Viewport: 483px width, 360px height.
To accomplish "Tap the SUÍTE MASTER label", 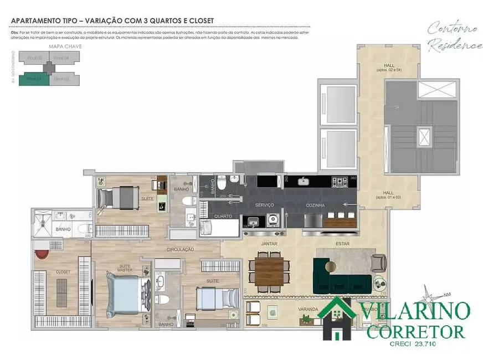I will click(125, 268).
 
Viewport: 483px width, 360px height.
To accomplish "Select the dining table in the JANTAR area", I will click(269, 270).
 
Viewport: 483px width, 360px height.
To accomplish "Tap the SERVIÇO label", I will click(265, 205).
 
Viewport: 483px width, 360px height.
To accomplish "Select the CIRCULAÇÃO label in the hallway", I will click(180, 250).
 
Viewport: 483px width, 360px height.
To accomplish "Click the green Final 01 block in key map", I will click(34, 79).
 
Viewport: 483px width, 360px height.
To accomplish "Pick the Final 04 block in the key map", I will click(62, 58).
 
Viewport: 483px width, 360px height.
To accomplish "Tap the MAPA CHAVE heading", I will click(65, 47).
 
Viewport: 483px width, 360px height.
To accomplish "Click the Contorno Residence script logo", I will click(454, 36).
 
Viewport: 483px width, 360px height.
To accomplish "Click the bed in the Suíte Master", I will click(126, 294).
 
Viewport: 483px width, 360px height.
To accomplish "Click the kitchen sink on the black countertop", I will click(304, 181).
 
